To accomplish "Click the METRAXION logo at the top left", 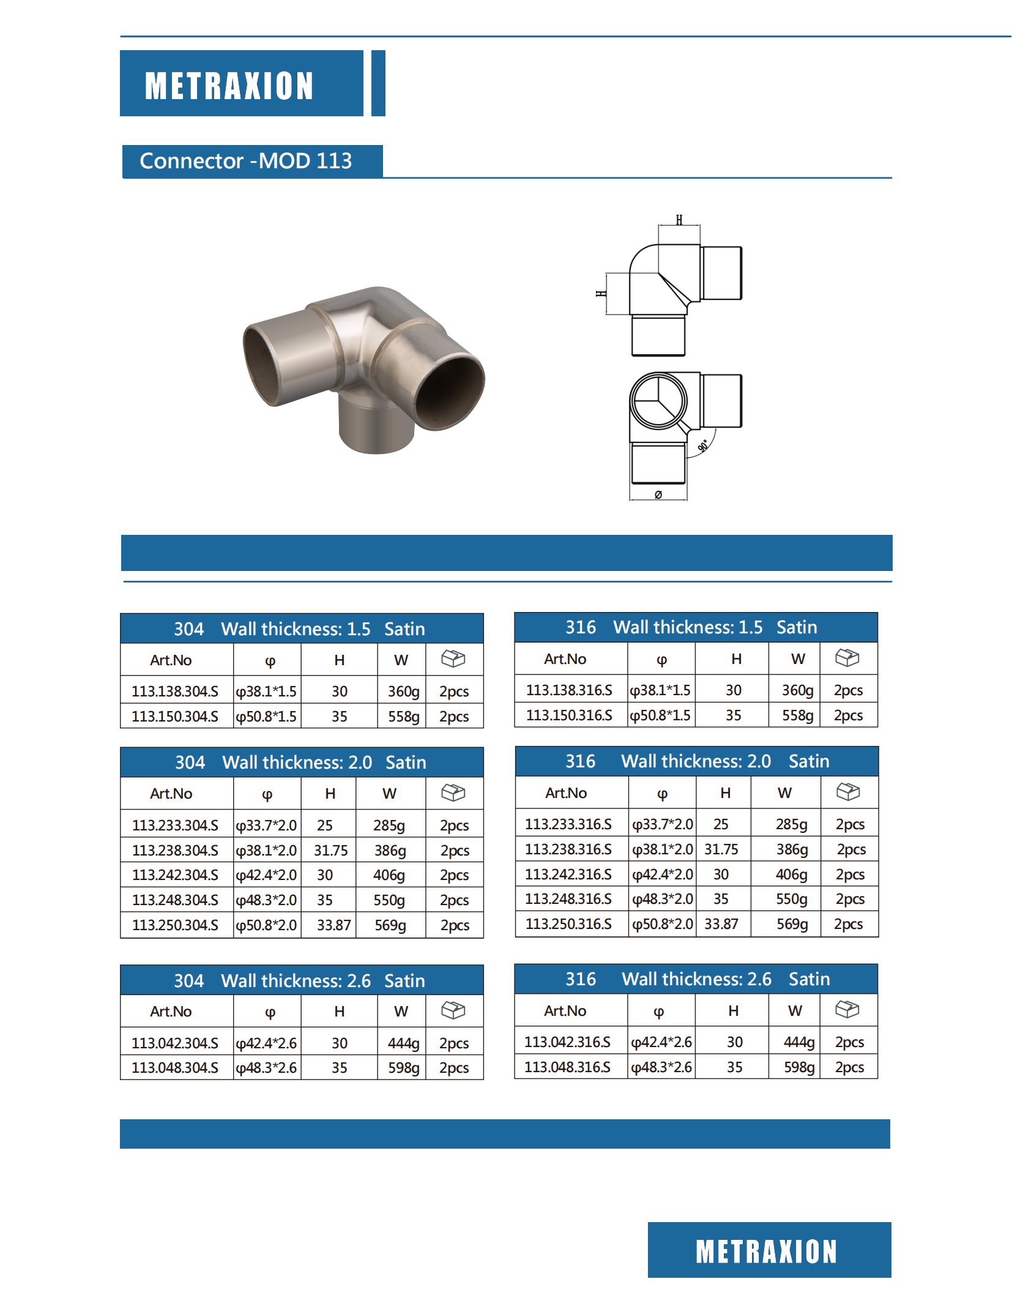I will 229,84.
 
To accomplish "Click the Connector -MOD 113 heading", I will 246,161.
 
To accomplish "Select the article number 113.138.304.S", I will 175,692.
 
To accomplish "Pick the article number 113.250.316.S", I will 568,924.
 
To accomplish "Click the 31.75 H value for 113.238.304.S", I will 330,851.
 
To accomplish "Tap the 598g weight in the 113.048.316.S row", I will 799,1067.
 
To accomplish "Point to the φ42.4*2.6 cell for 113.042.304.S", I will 267,1043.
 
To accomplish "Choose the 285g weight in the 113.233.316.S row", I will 791,824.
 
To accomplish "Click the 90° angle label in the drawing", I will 704,446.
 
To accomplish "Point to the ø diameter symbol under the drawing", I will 658,494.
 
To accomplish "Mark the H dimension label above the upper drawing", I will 679,220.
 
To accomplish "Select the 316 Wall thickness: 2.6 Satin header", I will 697,979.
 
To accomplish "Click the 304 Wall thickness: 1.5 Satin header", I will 300,629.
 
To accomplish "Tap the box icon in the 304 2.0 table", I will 453,792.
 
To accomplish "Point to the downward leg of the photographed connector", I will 376,428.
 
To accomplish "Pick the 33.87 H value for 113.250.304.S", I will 333,925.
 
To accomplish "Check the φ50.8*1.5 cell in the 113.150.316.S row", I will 661,715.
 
